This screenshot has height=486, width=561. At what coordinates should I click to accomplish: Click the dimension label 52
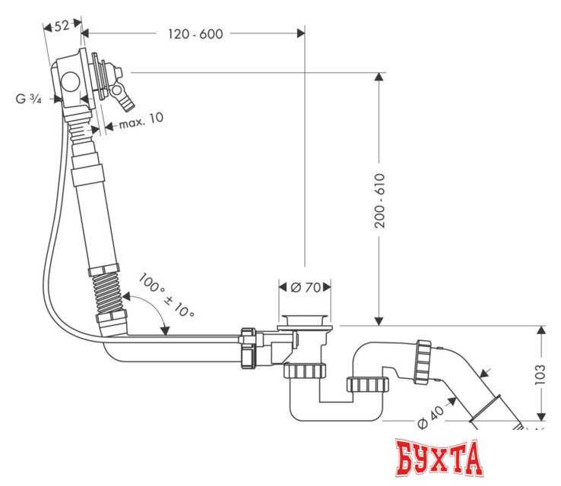62,25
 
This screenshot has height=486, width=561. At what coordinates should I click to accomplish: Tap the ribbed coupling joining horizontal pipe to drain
248,348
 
